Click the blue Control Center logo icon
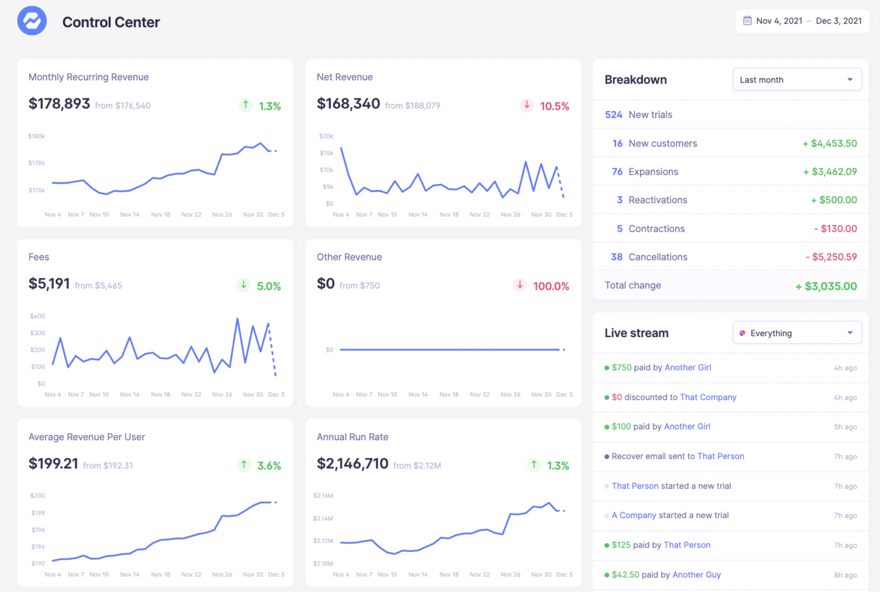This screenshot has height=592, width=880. tap(32, 21)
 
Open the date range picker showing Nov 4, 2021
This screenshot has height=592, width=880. tap(802, 21)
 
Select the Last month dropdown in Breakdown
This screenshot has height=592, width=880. tap(796, 80)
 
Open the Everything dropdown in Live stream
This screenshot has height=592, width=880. tap(796, 333)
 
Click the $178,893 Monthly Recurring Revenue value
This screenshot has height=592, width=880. tap(60, 104)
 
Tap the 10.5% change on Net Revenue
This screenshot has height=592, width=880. tap(554, 106)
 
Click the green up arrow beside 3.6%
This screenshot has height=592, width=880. tap(244, 465)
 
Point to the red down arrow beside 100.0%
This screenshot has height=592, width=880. tap(520, 285)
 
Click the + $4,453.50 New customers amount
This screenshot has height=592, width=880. tap(830, 143)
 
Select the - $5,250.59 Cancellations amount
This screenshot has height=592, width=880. tap(831, 257)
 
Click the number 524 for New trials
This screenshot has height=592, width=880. tap(613, 115)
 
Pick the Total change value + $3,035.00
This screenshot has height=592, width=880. tap(826, 286)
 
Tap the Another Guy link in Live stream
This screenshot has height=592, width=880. tap(697, 575)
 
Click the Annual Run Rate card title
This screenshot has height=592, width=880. tap(352, 437)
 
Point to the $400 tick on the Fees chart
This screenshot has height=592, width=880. tap(37, 316)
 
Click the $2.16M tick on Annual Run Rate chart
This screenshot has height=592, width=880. tap(323, 496)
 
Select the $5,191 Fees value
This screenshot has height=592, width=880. tap(49, 283)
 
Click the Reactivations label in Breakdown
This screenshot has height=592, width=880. tap(658, 200)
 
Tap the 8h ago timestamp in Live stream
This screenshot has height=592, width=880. tap(845, 575)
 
